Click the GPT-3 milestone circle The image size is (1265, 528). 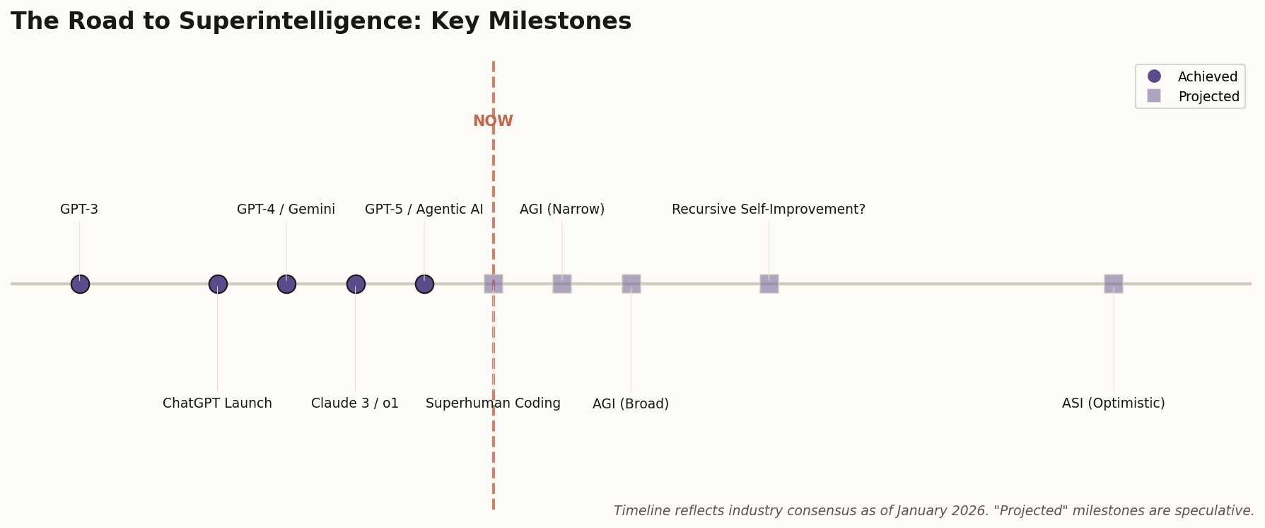tap(80, 284)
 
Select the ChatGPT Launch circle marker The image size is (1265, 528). tap(218, 284)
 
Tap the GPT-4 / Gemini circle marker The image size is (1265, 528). tap(286, 284)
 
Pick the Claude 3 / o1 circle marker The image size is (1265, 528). tap(356, 284)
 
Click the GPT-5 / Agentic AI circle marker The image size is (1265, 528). tap(424, 284)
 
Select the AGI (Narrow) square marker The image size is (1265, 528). tap(562, 284)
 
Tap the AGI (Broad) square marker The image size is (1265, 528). tap(631, 284)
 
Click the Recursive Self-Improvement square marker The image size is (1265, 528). tap(769, 284)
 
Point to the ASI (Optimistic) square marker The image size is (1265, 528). tap(1114, 284)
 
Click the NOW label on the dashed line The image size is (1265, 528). tap(493, 121)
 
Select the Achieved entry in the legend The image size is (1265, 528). tap(1207, 76)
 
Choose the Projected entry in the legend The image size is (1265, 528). tap(1208, 96)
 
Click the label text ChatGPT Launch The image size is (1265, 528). tap(217, 403)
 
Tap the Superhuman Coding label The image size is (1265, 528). tap(493, 403)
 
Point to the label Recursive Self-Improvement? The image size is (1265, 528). tap(769, 210)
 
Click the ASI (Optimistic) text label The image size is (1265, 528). tap(1113, 403)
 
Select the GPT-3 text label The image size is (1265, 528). tap(79, 210)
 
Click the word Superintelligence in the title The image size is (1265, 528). tap(298, 21)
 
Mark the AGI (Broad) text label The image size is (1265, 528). tap(631, 404)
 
